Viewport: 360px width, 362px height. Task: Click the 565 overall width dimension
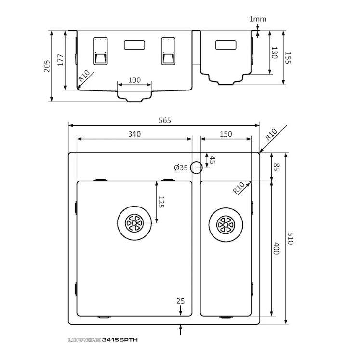click(165, 120)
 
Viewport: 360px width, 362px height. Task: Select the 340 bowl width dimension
click(134, 134)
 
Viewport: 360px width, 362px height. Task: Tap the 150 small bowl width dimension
click(226, 134)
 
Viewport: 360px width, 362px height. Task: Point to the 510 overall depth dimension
click(290, 238)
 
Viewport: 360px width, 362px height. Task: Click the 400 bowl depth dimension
click(276, 248)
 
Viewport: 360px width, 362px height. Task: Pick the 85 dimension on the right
click(276, 168)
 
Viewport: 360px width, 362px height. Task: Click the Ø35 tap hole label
click(181, 168)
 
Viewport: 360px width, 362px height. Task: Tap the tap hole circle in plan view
click(196, 168)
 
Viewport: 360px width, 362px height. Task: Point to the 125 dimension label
click(161, 203)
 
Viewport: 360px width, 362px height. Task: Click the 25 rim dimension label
click(180, 301)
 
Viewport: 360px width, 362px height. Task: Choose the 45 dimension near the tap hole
click(213, 160)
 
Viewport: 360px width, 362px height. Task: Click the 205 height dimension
click(47, 66)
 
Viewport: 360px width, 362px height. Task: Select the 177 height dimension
click(61, 60)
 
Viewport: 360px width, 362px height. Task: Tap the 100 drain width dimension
click(134, 80)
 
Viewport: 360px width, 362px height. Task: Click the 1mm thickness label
click(257, 19)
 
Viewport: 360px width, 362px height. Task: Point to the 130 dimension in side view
click(274, 52)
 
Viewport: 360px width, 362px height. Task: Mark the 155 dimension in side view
click(288, 58)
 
